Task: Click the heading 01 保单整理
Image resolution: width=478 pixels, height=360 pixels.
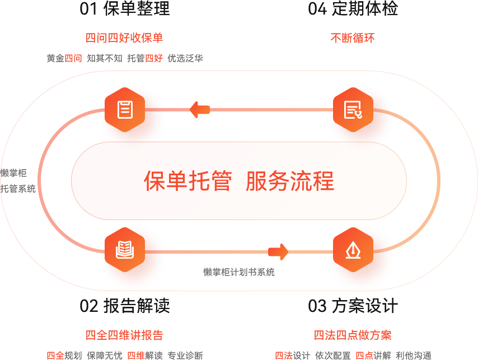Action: tap(124, 8)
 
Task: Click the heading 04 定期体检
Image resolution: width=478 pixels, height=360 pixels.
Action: tap(353, 8)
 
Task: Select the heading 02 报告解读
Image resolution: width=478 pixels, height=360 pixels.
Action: tap(124, 305)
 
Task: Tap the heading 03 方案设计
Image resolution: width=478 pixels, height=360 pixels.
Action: tap(353, 305)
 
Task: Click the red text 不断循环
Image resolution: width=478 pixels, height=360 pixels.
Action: tap(352, 38)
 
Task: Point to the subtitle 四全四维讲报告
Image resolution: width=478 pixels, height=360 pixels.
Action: tap(124, 335)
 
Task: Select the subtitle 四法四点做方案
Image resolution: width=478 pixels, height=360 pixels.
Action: tap(353, 335)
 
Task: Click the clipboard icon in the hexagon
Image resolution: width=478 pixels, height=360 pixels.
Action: tap(125, 109)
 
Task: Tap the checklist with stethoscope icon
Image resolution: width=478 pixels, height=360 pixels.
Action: tap(353, 110)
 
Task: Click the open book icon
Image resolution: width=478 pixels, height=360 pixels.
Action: tap(125, 250)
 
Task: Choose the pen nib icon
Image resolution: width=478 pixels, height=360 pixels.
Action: tap(353, 250)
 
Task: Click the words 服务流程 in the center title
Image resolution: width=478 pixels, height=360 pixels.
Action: tap(290, 181)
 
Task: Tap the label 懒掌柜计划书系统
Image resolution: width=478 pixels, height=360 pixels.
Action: tap(239, 272)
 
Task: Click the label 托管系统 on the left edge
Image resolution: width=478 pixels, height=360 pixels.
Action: tap(18, 189)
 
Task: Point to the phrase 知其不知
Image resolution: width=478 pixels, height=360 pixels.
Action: tap(105, 58)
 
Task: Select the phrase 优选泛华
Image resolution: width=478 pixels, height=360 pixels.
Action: tap(185, 58)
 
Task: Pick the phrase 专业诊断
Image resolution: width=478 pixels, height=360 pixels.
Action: tap(185, 356)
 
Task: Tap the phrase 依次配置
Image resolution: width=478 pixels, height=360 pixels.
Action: tap(332, 356)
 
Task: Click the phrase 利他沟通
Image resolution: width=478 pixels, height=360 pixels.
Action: tap(413, 356)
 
